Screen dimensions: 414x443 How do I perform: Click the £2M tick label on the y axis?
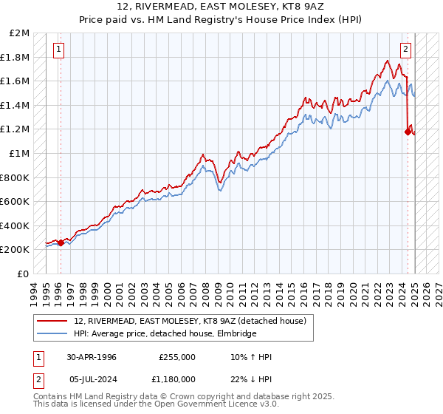click(20, 33)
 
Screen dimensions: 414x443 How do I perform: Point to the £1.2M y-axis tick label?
click(16, 129)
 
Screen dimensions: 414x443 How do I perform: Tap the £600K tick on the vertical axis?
click(16, 201)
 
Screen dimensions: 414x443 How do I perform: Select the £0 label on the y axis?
click(24, 274)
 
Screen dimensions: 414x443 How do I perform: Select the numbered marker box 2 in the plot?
click(405, 50)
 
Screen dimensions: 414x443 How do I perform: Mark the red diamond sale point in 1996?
click(61, 242)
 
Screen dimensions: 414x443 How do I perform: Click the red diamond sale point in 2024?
click(407, 132)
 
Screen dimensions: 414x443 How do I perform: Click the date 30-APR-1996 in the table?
click(92, 357)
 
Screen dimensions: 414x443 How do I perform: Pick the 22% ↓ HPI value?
click(250, 379)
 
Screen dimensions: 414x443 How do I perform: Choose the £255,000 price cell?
click(177, 357)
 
